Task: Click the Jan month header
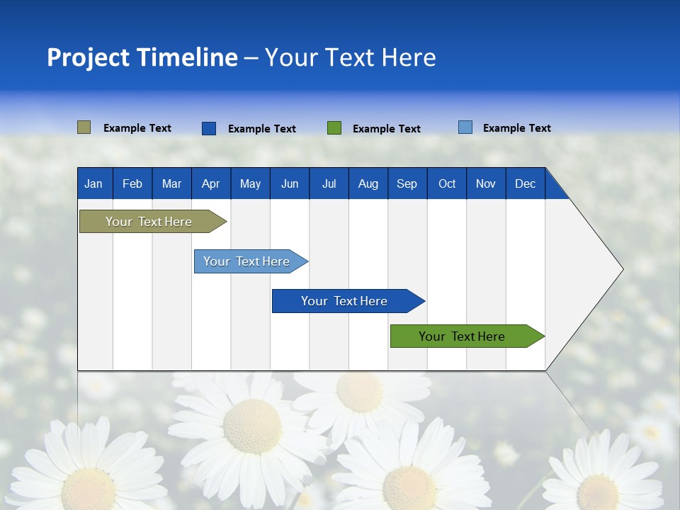click(93, 183)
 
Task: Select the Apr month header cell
click(210, 183)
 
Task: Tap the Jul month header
click(329, 183)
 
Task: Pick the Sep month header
click(407, 183)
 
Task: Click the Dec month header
click(525, 183)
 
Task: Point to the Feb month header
click(132, 183)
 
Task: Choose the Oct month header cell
click(447, 183)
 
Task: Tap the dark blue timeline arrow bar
click(345, 301)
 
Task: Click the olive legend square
click(84, 127)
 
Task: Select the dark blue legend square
click(209, 128)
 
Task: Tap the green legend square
click(334, 128)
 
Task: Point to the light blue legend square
click(465, 127)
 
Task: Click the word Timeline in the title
click(187, 57)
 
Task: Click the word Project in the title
click(88, 57)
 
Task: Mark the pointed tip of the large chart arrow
click(622, 269)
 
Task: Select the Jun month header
click(290, 183)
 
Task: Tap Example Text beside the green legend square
click(386, 129)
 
